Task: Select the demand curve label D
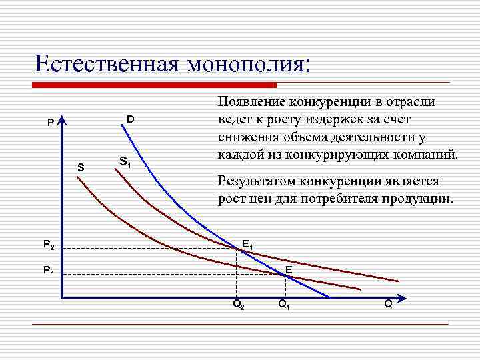point(131,119)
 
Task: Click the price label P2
point(49,245)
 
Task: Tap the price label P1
point(49,270)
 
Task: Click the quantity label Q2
point(238,305)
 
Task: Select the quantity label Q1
point(284,305)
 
